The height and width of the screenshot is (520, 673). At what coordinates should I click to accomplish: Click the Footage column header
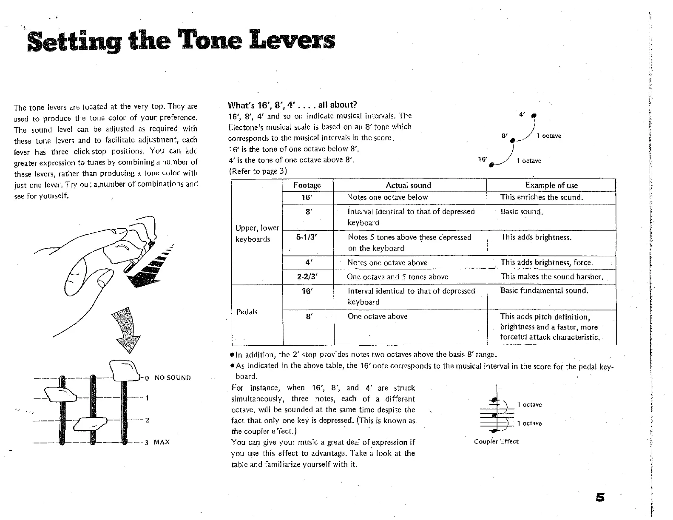(x=307, y=185)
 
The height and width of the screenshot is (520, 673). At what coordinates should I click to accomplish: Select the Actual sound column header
(x=408, y=185)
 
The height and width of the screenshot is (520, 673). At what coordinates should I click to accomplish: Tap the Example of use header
(x=551, y=185)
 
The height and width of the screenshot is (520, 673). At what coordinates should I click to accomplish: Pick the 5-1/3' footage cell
(x=307, y=237)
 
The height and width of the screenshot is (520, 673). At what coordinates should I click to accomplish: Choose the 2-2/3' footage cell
(x=307, y=277)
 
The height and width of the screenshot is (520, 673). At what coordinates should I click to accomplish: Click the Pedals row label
(x=247, y=312)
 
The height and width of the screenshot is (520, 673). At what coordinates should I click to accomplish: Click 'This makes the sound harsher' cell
(x=552, y=277)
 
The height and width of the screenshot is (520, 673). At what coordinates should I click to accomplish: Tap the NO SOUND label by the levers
(x=173, y=378)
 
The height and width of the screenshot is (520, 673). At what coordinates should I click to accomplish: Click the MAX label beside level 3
(x=162, y=442)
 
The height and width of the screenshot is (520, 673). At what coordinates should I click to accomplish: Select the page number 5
(x=600, y=497)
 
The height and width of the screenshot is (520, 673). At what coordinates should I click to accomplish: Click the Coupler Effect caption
(x=496, y=441)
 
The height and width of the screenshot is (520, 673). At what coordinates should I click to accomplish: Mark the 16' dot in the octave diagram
(x=491, y=165)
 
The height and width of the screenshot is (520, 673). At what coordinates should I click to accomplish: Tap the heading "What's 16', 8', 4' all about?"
(x=292, y=105)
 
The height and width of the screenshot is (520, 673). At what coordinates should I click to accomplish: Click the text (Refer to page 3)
(x=258, y=171)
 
